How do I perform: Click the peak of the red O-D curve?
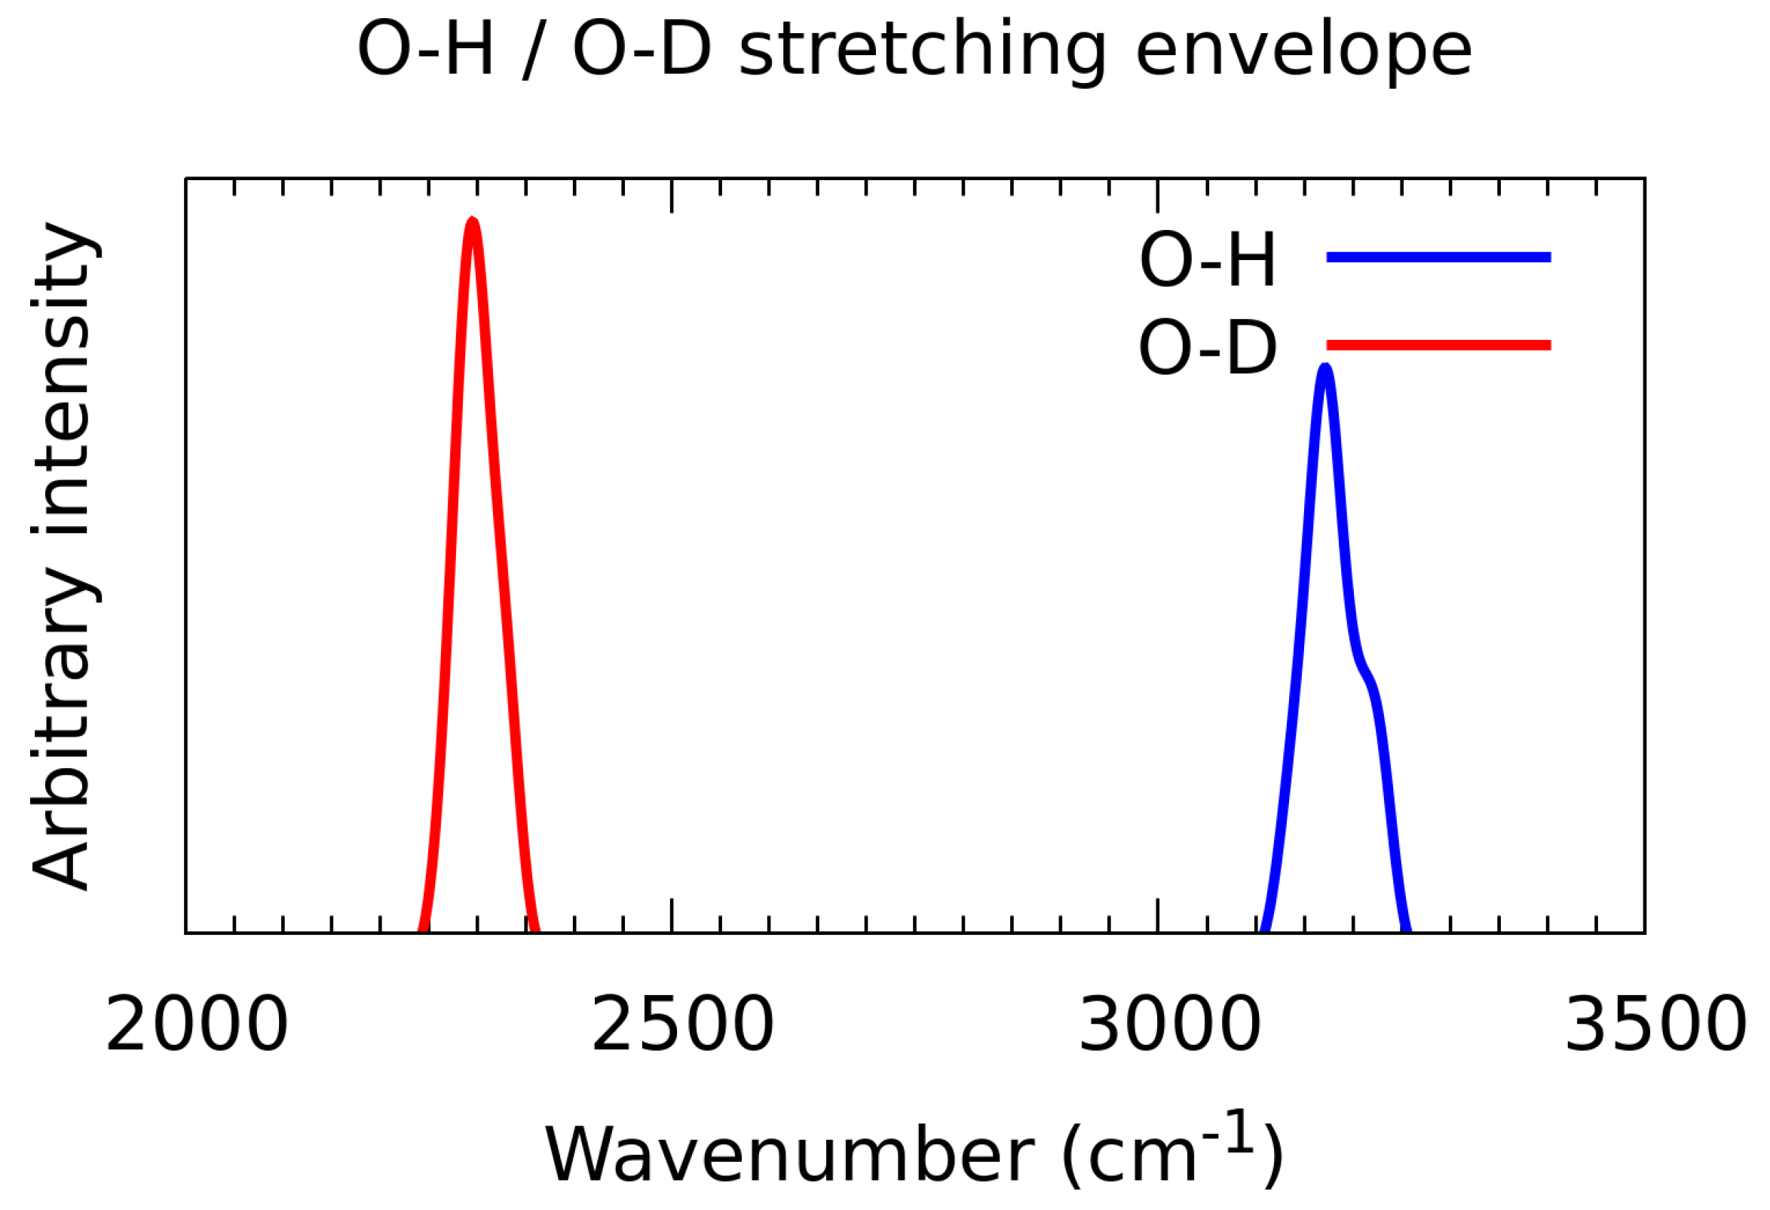click(x=473, y=222)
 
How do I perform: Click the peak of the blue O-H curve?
click(x=1326, y=369)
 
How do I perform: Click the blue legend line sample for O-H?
click(x=1438, y=257)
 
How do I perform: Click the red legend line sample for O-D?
click(x=1438, y=345)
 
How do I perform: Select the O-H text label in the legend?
click(x=1207, y=260)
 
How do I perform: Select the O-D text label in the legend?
click(x=1207, y=348)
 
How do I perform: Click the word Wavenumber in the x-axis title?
click(x=789, y=1156)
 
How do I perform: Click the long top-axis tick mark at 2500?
click(x=672, y=195)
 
